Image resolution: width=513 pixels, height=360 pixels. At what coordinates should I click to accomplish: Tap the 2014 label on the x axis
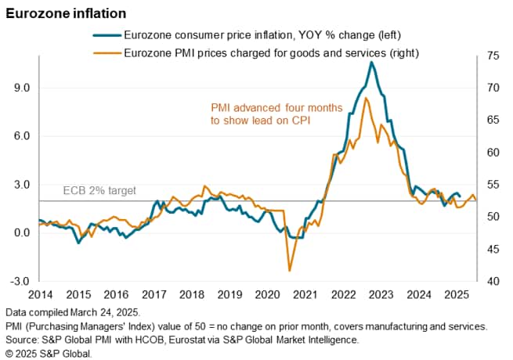coord(40,294)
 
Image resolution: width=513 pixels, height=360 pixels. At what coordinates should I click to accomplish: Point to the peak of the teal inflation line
coord(371,62)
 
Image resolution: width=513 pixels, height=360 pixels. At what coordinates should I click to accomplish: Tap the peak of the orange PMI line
coord(367,98)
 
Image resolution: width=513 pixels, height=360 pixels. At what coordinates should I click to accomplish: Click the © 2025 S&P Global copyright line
coord(48,354)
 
